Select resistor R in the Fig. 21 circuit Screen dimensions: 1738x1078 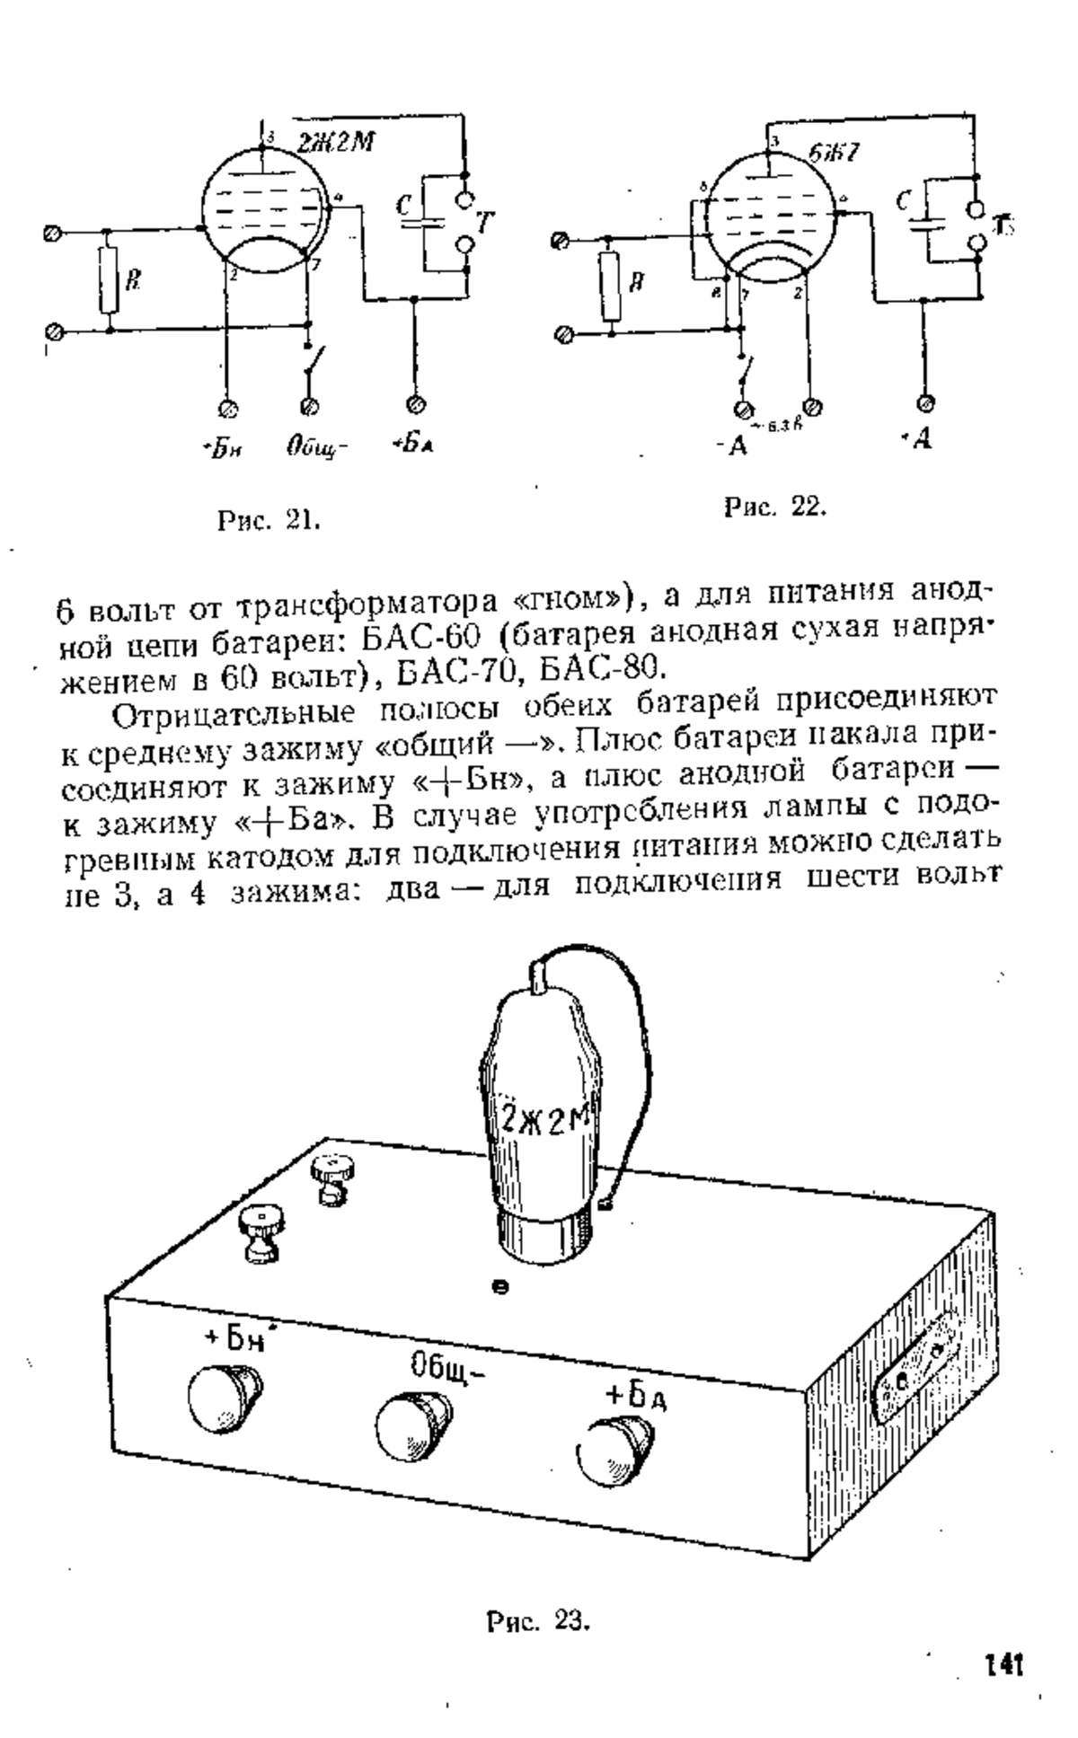[x=109, y=281]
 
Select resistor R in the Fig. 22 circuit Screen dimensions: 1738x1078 [x=610, y=286]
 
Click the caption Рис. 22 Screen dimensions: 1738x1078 [x=774, y=507]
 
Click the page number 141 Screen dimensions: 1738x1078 [x=1003, y=1662]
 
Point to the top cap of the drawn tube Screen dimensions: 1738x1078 [x=537, y=974]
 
